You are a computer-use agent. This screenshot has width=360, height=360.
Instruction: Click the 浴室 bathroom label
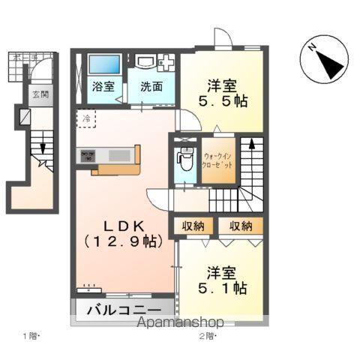103,86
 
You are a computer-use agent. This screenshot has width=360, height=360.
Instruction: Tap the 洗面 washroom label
151,86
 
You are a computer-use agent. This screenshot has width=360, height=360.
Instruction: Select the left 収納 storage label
191,225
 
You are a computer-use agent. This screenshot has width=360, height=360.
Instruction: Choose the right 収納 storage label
241,225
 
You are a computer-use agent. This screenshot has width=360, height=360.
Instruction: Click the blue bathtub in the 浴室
103,64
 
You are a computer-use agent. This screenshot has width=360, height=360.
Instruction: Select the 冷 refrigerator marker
88,118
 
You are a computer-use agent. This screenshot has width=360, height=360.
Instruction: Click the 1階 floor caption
31,335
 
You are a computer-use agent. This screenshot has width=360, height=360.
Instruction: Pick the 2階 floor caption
208,335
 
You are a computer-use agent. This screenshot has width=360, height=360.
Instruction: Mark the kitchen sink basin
119,155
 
